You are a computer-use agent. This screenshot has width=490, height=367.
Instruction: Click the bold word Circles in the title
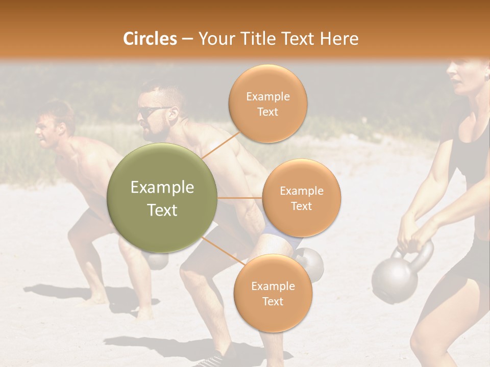coord(150,39)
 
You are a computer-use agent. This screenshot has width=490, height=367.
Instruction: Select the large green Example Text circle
coord(162,198)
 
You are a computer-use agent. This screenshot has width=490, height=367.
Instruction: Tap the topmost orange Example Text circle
coord(267,104)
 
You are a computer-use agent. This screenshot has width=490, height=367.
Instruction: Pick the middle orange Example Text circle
coord(301,198)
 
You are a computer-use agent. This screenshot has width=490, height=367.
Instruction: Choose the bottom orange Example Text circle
coord(273,294)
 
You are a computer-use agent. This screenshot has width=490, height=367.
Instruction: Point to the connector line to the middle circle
coord(240,198)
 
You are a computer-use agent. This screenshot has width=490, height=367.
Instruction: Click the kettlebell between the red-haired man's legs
coord(157,260)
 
